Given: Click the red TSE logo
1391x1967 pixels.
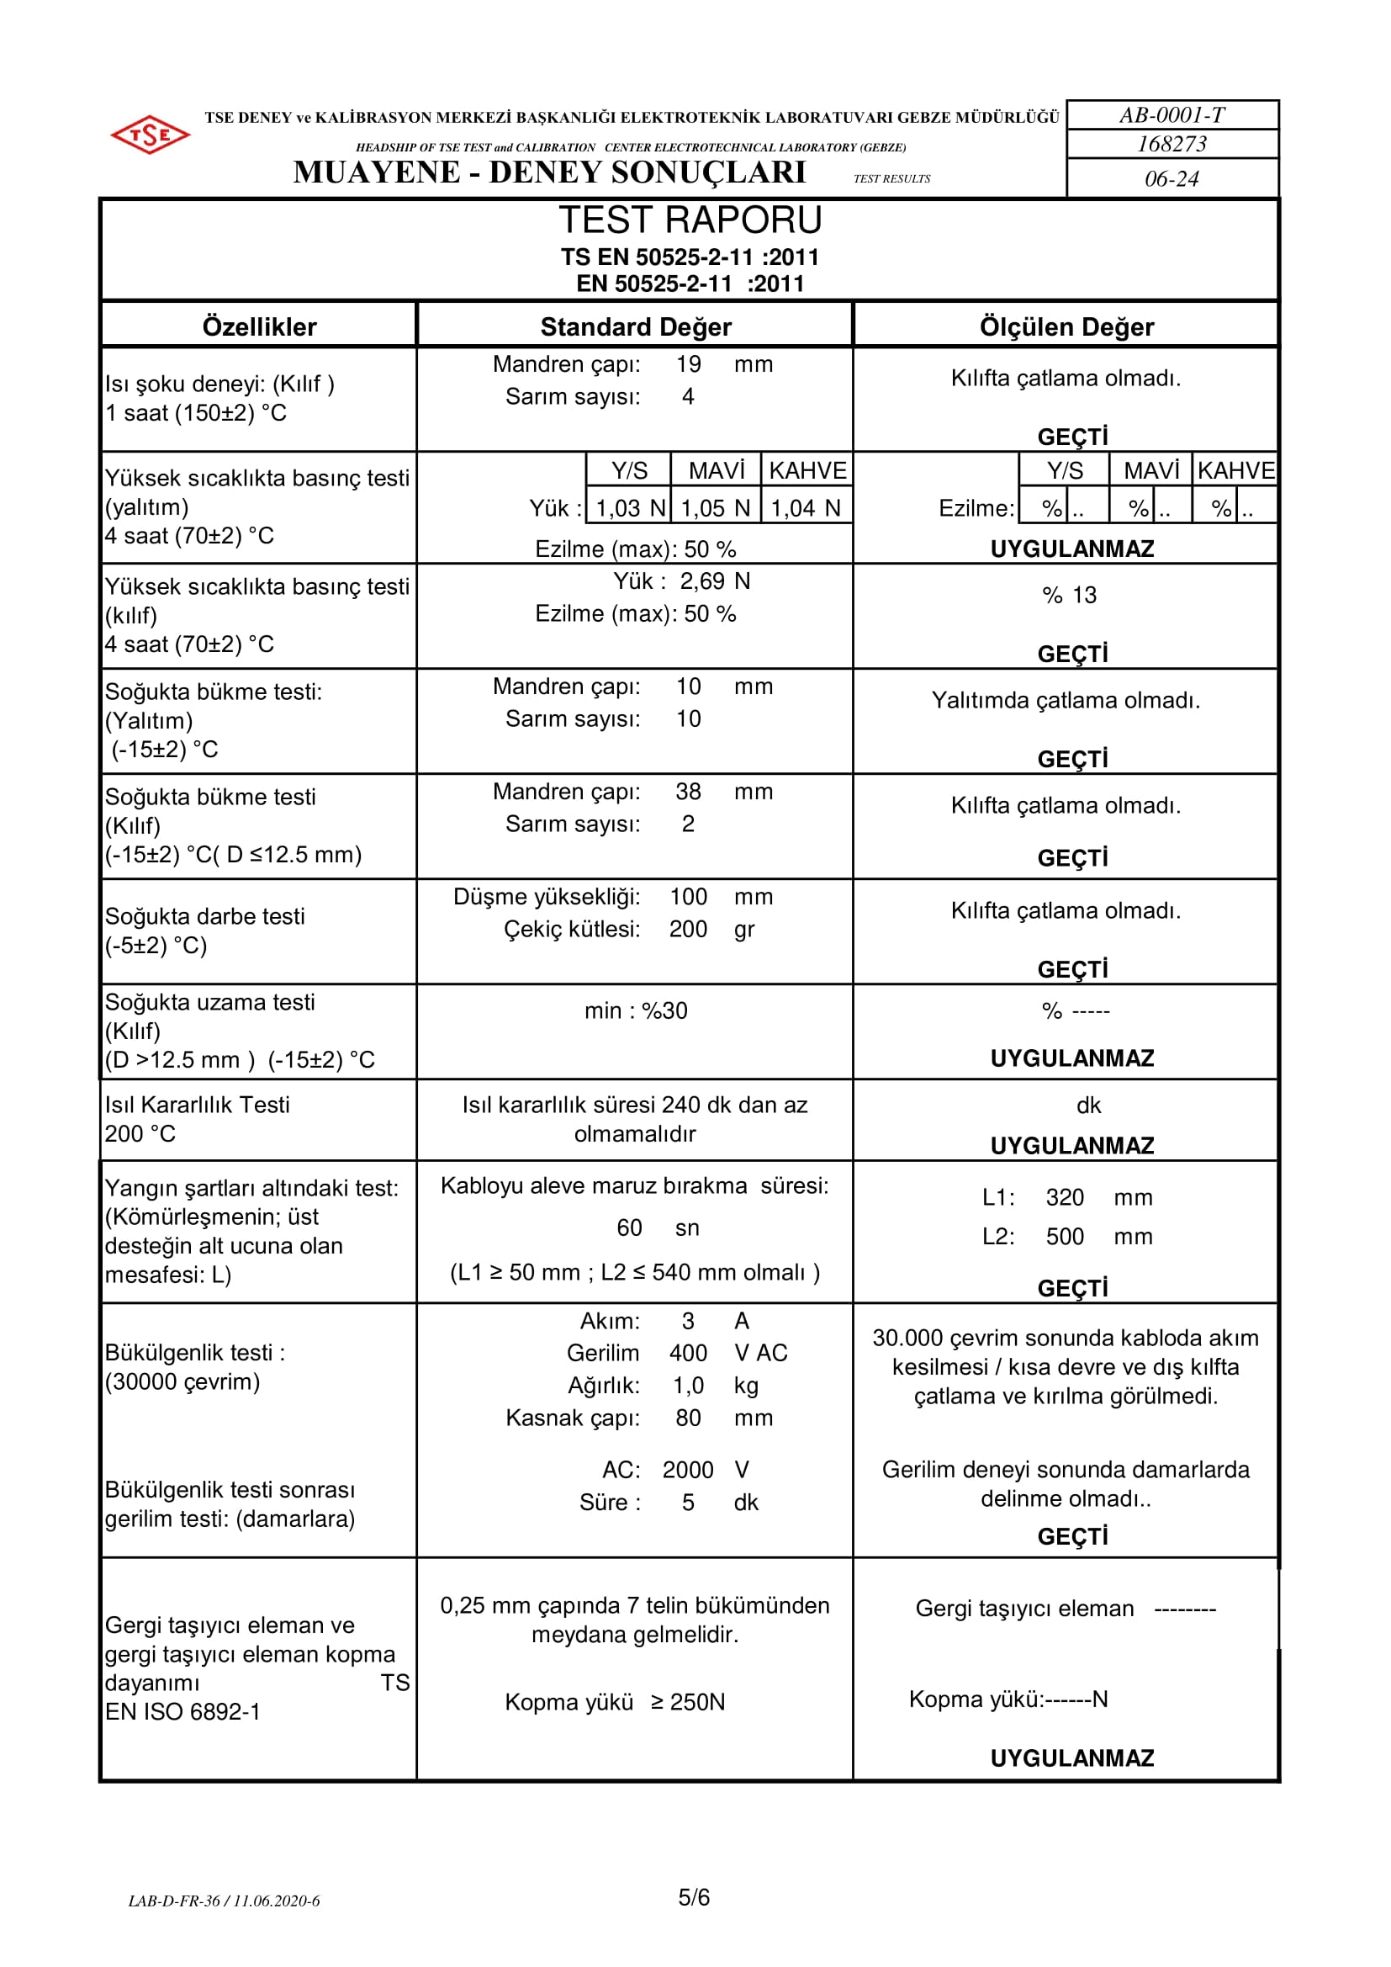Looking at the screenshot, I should (150, 135).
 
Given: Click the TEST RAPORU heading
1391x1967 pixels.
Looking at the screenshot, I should (690, 220).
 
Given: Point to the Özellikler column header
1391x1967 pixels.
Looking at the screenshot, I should (259, 326).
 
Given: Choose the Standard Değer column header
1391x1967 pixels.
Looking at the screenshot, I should (636, 326).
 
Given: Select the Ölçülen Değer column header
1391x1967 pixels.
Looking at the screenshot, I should (1066, 326).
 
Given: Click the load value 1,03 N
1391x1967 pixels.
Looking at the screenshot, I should (631, 508).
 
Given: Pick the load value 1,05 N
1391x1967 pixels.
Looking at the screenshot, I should (715, 508).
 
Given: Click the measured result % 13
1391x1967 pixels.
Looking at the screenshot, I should (1069, 595).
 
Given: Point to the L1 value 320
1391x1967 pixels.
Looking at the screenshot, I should (1065, 1197).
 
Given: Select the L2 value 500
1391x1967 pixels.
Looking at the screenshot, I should (1065, 1236).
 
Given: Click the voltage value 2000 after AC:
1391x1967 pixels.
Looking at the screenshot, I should (687, 1469).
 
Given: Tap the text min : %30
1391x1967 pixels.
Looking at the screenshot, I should (636, 1011).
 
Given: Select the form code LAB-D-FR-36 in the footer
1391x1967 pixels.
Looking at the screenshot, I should (174, 1901).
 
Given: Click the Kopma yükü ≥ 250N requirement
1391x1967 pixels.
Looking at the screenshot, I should (614, 1701).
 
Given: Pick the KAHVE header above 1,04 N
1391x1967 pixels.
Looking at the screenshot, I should (807, 470).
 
